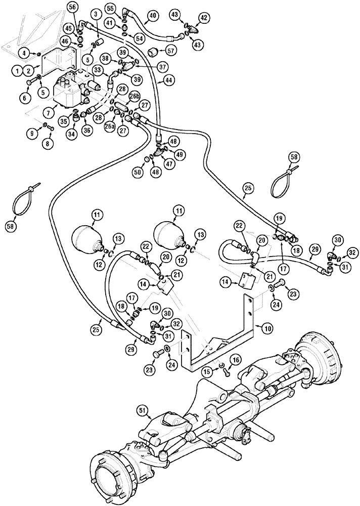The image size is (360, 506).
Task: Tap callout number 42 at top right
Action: tap(204, 18)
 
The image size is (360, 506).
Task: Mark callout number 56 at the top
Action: tap(72, 7)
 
